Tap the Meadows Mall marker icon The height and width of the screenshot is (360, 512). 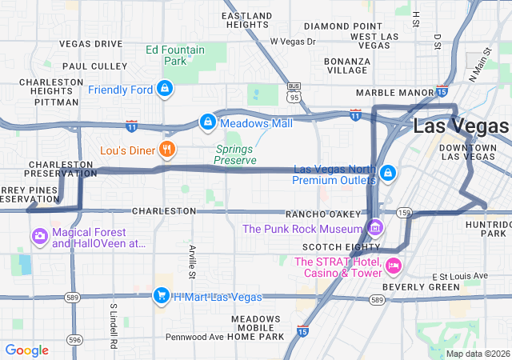(x=207, y=122)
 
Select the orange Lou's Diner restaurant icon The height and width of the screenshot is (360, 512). (x=167, y=150)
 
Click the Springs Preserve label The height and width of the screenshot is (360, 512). (x=235, y=154)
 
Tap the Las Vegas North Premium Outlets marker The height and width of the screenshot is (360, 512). (x=387, y=173)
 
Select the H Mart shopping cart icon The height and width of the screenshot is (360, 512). (x=161, y=296)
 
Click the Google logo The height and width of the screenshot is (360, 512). (x=27, y=350)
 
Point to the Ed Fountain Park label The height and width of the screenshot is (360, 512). (x=175, y=55)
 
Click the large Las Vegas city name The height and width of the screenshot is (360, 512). (x=461, y=126)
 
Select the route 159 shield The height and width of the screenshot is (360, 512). (x=405, y=213)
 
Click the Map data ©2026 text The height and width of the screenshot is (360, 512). (x=477, y=354)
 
